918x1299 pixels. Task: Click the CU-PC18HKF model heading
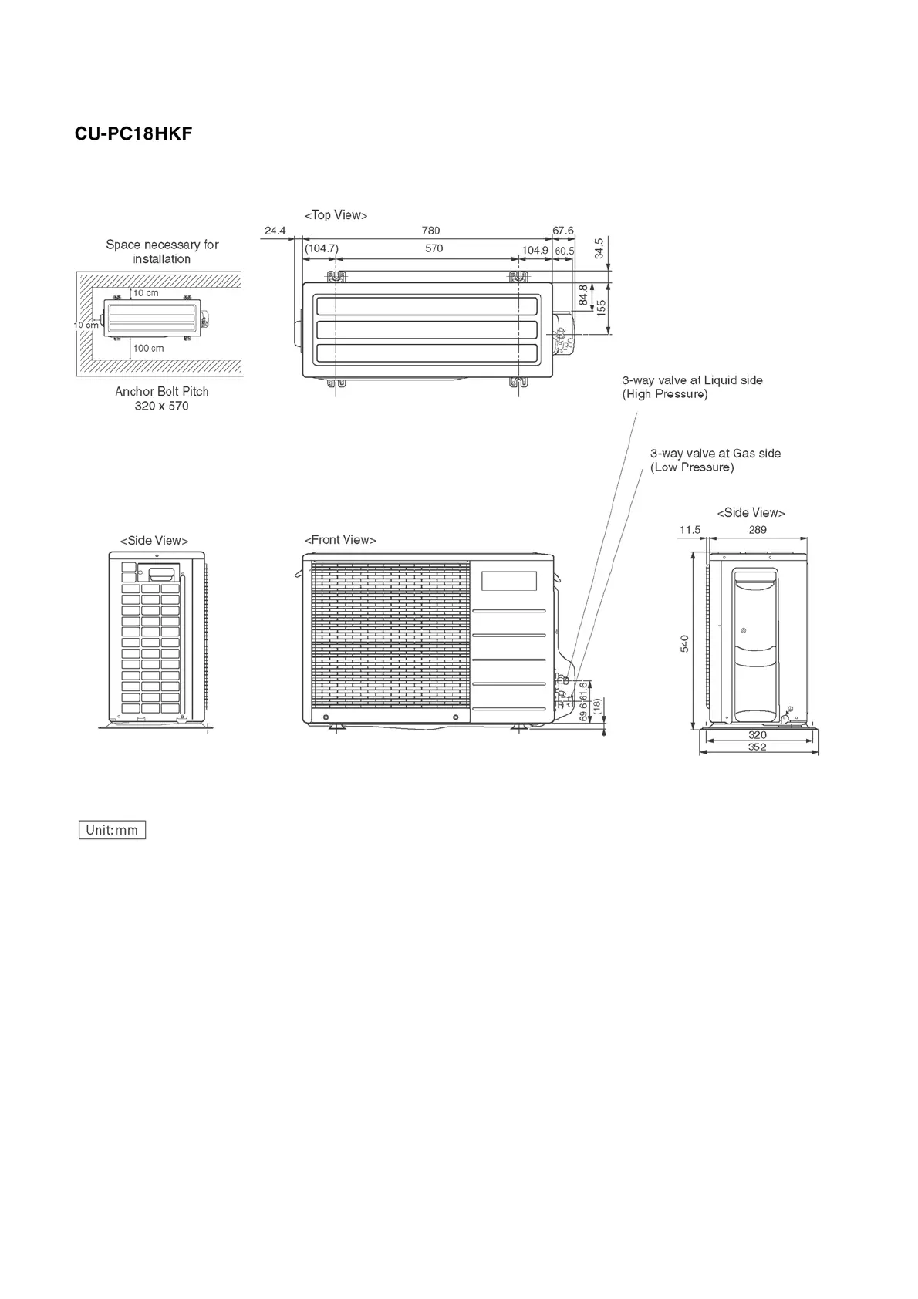(133, 134)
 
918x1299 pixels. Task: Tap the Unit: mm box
(112, 830)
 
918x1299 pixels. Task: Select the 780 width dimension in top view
(431, 231)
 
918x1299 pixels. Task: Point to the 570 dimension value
(434, 248)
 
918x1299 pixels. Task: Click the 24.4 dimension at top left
(275, 231)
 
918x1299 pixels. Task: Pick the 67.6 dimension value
(563, 231)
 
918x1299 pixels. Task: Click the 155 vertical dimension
(601, 307)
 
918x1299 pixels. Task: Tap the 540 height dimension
(684, 643)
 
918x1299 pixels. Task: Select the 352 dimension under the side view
(757, 747)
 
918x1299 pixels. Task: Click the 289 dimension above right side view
(758, 530)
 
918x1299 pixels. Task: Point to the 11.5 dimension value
(690, 530)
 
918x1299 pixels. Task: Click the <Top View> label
(336, 215)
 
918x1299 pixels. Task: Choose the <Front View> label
(340, 540)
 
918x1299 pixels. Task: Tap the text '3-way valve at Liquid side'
(692, 380)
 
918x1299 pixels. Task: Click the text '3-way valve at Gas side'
(715, 454)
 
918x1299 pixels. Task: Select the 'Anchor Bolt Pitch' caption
(162, 392)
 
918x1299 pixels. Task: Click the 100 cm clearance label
(149, 349)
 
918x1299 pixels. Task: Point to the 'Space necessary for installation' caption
(162, 251)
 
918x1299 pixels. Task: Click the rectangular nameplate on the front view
(508, 581)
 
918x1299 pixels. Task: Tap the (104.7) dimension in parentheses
(322, 248)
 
